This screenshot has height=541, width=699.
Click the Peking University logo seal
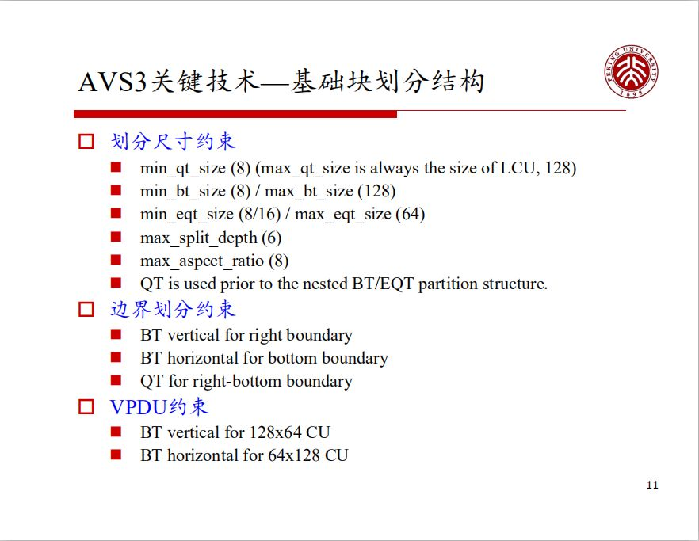coord(632,71)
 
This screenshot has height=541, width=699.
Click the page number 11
coord(652,485)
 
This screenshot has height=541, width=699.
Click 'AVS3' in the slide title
coord(113,82)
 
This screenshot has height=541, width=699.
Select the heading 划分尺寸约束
coord(173,142)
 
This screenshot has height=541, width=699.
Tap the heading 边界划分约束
coord(173,309)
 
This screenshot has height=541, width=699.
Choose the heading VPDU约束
coord(159,407)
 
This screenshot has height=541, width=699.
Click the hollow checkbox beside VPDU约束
coord(86,407)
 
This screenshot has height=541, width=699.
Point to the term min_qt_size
coord(183,168)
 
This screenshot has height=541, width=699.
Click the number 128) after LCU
coord(560,168)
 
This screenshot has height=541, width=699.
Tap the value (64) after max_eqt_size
coord(411,215)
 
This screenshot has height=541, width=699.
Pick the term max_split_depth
coord(199,238)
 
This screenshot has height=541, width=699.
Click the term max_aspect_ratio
coord(202,261)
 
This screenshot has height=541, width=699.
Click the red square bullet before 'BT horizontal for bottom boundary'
coord(116,358)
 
